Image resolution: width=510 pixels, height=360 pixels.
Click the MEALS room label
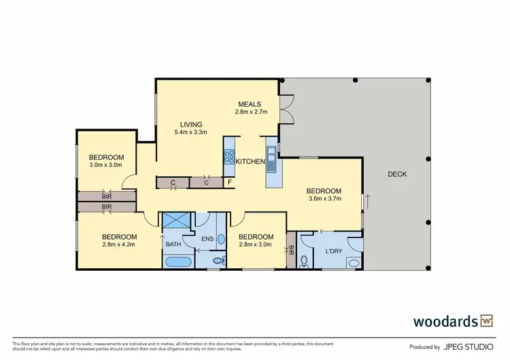(250, 104)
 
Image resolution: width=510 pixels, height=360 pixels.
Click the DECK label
(397, 174)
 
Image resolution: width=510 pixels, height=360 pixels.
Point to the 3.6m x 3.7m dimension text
(323, 199)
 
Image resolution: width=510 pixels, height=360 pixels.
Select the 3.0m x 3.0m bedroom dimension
(106, 165)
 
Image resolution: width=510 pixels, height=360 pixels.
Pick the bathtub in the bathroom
(177, 261)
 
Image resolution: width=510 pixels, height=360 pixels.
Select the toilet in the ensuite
(218, 260)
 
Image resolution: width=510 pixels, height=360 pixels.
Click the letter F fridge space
(229, 182)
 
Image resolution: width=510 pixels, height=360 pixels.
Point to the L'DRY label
(333, 251)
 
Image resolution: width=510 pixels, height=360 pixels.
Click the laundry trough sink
(353, 263)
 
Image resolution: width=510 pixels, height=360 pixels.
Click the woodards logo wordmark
(444, 321)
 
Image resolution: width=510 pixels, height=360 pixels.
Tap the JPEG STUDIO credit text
(470, 347)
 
